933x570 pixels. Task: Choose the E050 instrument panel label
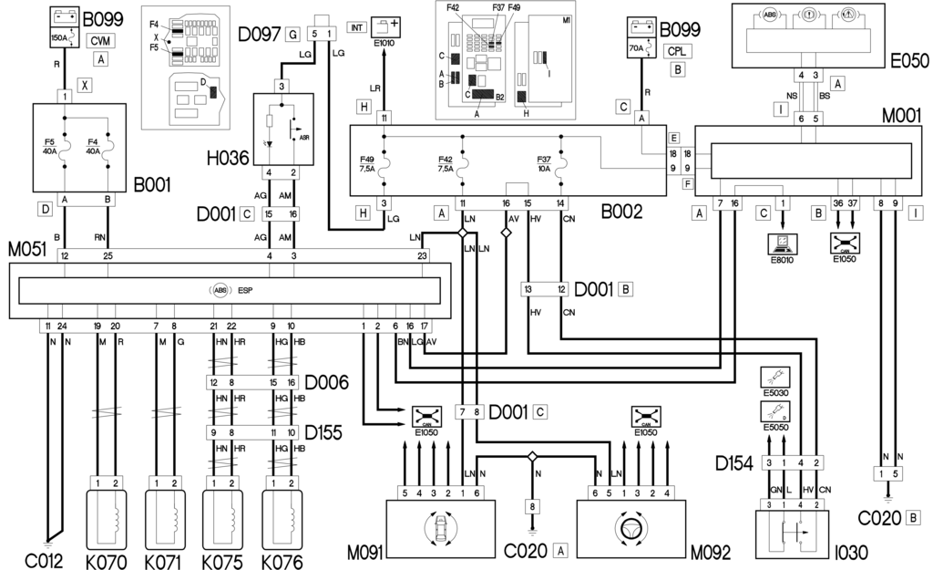coord(909,61)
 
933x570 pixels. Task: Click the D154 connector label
coord(734,464)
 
